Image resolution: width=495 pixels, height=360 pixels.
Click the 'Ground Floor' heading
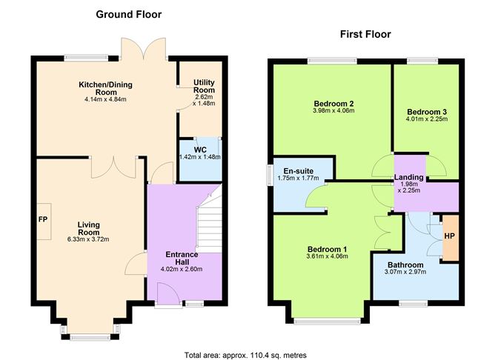(128, 14)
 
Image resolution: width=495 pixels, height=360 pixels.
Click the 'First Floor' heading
(365, 34)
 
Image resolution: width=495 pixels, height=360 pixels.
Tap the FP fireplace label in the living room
(42, 220)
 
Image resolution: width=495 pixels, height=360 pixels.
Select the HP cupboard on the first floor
(449, 236)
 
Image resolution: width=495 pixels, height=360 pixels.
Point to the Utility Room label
(204, 87)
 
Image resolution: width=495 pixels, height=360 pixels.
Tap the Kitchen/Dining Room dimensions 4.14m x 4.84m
(106, 99)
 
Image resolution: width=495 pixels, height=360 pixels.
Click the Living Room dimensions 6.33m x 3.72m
(87, 239)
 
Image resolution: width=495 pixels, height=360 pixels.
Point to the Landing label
(409, 178)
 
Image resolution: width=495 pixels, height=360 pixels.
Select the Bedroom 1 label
(326, 249)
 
